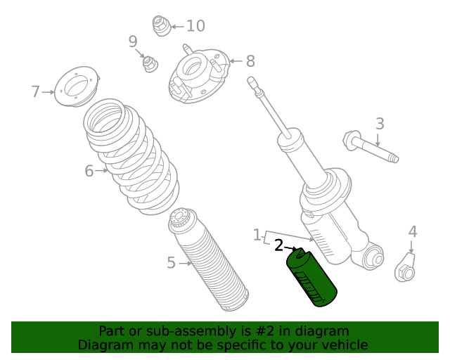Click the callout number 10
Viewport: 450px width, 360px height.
point(195,26)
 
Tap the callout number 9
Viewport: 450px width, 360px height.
point(133,41)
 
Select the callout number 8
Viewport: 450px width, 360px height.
point(250,61)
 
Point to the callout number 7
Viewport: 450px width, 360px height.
point(35,91)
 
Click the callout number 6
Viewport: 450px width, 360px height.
point(89,171)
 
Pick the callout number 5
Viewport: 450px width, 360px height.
point(171,263)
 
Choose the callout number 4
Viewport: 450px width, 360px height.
point(413,231)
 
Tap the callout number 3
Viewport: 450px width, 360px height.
point(380,124)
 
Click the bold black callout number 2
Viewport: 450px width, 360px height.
point(278,245)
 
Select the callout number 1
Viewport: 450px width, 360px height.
point(257,235)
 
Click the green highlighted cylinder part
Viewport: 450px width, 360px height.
point(311,277)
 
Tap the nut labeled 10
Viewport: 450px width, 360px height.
point(162,26)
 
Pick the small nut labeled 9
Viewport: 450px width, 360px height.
point(150,63)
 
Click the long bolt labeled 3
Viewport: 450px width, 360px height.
point(371,146)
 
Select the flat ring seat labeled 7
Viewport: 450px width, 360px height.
point(77,86)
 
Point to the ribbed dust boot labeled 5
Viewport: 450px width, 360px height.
point(208,259)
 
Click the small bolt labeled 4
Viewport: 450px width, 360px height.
point(406,268)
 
